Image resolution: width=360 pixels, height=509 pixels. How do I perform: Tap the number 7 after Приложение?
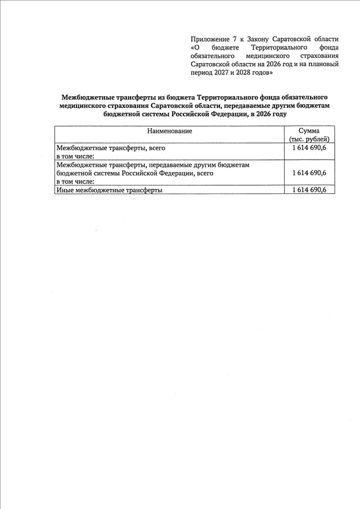tap(235, 39)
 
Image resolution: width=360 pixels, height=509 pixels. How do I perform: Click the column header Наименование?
tap(169, 131)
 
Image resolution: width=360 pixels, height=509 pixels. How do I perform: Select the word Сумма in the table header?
tap(309, 131)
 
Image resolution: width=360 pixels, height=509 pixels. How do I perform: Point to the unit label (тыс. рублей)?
tap(309, 139)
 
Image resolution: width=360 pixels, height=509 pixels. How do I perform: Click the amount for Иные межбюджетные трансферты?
tap(309, 190)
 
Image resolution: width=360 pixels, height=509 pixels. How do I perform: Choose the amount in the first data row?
tap(309, 147)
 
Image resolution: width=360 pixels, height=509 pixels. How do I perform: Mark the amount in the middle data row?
tap(309, 173)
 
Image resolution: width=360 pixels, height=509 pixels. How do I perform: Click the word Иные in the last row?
tap(65, 191)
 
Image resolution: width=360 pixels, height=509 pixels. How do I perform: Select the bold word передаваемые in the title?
tap(251, 105)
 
